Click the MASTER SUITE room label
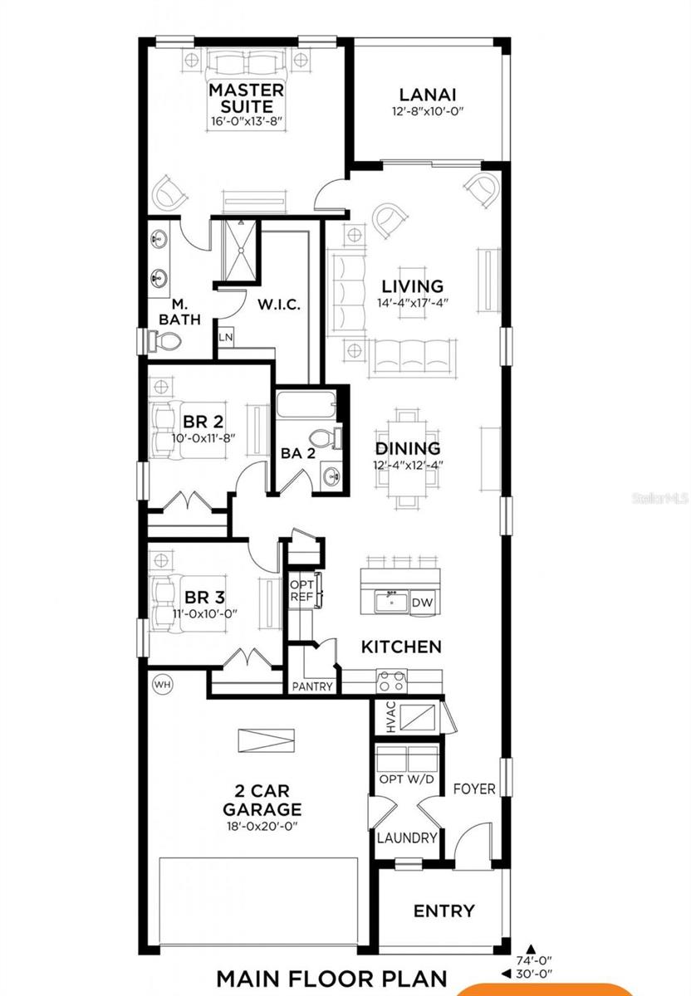pos(246,98)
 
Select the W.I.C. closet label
pos(278,304)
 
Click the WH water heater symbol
pos(161,684)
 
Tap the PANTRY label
pos(312,686)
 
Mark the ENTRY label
pos(444,911)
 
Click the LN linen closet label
pos(225,338)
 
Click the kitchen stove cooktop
pos(390,682)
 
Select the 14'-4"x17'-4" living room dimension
pos(413,304)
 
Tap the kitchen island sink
pos(390,599)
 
